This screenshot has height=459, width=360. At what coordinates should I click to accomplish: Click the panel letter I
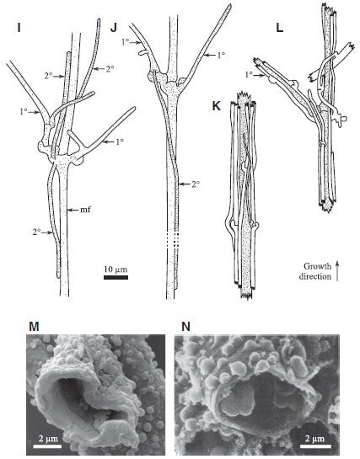19,28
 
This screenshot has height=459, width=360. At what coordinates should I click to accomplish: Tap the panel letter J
113,28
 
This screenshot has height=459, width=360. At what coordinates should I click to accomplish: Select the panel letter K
216,106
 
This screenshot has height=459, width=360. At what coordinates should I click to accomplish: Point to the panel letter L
280,28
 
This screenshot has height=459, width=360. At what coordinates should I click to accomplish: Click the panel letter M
34,327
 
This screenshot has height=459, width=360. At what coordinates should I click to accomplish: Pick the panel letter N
185,327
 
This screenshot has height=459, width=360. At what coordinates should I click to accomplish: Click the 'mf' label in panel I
85,210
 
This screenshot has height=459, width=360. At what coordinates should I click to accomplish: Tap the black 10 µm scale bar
116,277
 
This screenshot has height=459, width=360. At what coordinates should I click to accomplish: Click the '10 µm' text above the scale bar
116,269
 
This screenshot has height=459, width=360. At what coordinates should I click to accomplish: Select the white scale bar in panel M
47,446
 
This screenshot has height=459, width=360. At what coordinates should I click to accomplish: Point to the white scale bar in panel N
315,446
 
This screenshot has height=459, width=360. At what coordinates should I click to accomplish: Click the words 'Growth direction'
315,271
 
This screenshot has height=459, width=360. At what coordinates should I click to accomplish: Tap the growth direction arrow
337,271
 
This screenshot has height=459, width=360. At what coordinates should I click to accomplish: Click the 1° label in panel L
249,75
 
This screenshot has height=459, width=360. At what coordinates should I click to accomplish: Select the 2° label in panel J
196,184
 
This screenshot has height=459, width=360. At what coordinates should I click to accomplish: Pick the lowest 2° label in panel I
36,232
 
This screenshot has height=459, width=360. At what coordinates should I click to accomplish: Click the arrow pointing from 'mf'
73,210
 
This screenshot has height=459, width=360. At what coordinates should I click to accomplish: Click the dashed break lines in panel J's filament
173,242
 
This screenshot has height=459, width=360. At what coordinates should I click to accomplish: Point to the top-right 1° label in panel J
221,55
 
